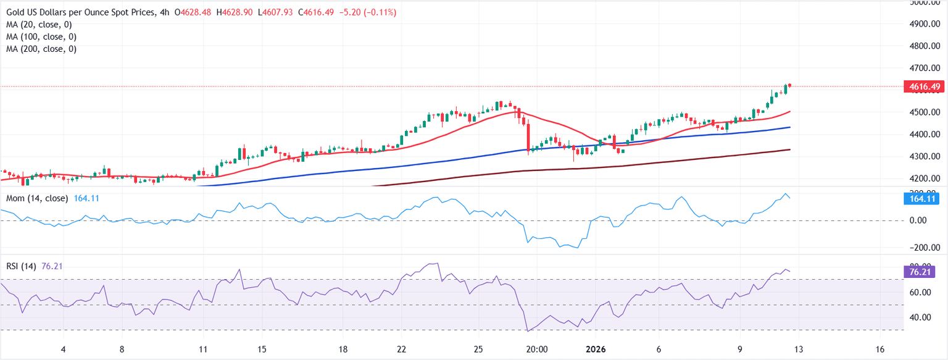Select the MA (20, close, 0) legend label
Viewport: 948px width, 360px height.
tap(38, 25)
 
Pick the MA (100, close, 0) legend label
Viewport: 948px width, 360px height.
tap(41, 37)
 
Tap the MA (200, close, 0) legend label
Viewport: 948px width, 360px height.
tap(41, 49)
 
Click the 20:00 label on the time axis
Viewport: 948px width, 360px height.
tap(537, 349)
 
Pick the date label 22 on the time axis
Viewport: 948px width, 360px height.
tap(401, 349)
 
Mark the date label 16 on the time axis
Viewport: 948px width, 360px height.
tap(880, 349)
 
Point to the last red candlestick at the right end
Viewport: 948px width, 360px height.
tap(789, 85)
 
